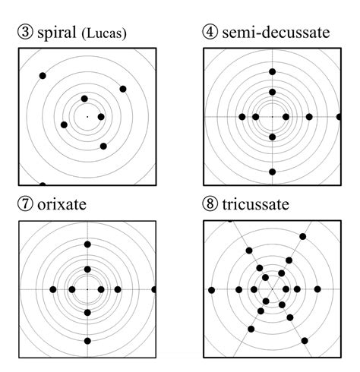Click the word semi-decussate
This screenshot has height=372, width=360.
tap(279, 32)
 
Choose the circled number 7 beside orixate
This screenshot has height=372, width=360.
tap(26, 204)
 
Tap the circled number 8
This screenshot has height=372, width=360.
tap(210, 204)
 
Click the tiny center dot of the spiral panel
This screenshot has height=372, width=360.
tap(87, 117)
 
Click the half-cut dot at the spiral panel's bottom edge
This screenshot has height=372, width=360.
tap(43, 184)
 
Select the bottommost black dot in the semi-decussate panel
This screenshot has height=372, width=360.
tap(272, 172)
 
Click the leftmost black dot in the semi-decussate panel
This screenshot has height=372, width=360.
tap(242, 117)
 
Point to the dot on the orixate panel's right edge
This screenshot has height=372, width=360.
tap(154, 289)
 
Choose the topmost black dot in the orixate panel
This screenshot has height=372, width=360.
tap(88, 244)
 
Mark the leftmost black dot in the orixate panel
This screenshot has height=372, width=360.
tap(52, 289)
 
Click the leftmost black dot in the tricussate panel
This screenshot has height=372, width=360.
tap(211, 290)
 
